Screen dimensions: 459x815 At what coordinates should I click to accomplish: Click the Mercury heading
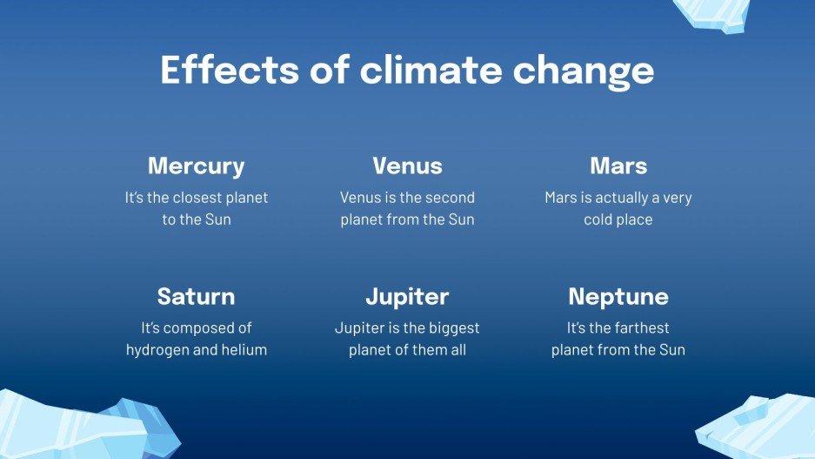[x=196, y=165]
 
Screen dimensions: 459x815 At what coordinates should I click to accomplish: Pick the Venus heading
[x=407, y=165]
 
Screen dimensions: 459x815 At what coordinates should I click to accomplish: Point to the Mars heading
[x=618, y=165]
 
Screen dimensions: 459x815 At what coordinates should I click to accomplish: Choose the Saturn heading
[x=196, y=296]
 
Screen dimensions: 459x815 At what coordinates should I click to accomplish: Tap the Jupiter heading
[x=407, y=296]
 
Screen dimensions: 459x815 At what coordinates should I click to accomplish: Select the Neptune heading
[x=618, y=296]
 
